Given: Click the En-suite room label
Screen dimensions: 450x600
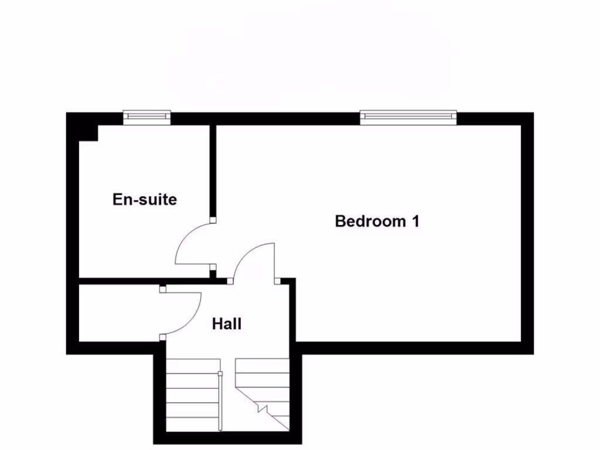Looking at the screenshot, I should (x=144, y=200).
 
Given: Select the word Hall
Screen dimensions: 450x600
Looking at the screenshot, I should (x=227, y=323).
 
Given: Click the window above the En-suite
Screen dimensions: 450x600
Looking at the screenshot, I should (x=147, y=117).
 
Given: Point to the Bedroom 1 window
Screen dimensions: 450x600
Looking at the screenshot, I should (x=408, y=117).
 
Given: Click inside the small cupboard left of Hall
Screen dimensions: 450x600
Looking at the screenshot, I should (x=117, y=313).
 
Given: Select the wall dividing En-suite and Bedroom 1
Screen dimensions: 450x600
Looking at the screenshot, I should (x=213, y=170).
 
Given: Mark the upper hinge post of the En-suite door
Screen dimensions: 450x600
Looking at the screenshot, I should (x=213, y=220).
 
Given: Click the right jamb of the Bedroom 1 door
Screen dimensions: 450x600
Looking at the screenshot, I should (x=277, y=281).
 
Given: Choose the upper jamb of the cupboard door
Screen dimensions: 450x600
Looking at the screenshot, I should (x=162, y=289).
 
